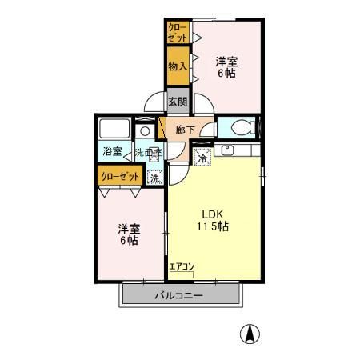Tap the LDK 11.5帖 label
214,220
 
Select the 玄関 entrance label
178,102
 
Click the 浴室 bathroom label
112,151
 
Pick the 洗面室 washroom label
148,151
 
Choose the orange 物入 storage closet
177,66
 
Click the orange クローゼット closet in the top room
178,33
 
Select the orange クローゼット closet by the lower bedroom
121,175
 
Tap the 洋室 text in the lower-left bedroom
128,227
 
